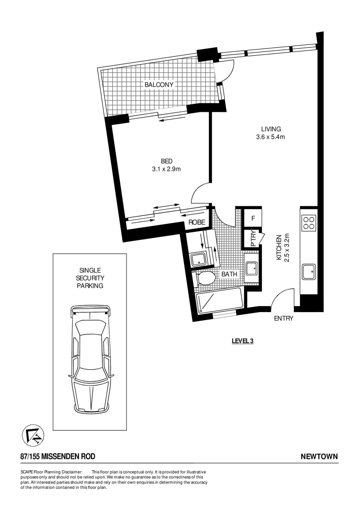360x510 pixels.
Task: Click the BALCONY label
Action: pos(159,85)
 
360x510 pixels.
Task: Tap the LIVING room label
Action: pos(271,129)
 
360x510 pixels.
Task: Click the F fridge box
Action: pos(253,219)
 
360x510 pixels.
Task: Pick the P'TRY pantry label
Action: pos(253,238)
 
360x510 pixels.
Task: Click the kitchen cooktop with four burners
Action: pos(309,222)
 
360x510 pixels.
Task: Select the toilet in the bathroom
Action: pos(206,278)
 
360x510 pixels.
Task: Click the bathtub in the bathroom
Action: pos(219,300)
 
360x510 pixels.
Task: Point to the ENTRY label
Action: pos(284,318)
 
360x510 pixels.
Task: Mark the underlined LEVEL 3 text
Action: pos(243,340)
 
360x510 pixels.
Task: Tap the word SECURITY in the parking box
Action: pos(90,278)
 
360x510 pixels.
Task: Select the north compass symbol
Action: pos(33,435)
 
